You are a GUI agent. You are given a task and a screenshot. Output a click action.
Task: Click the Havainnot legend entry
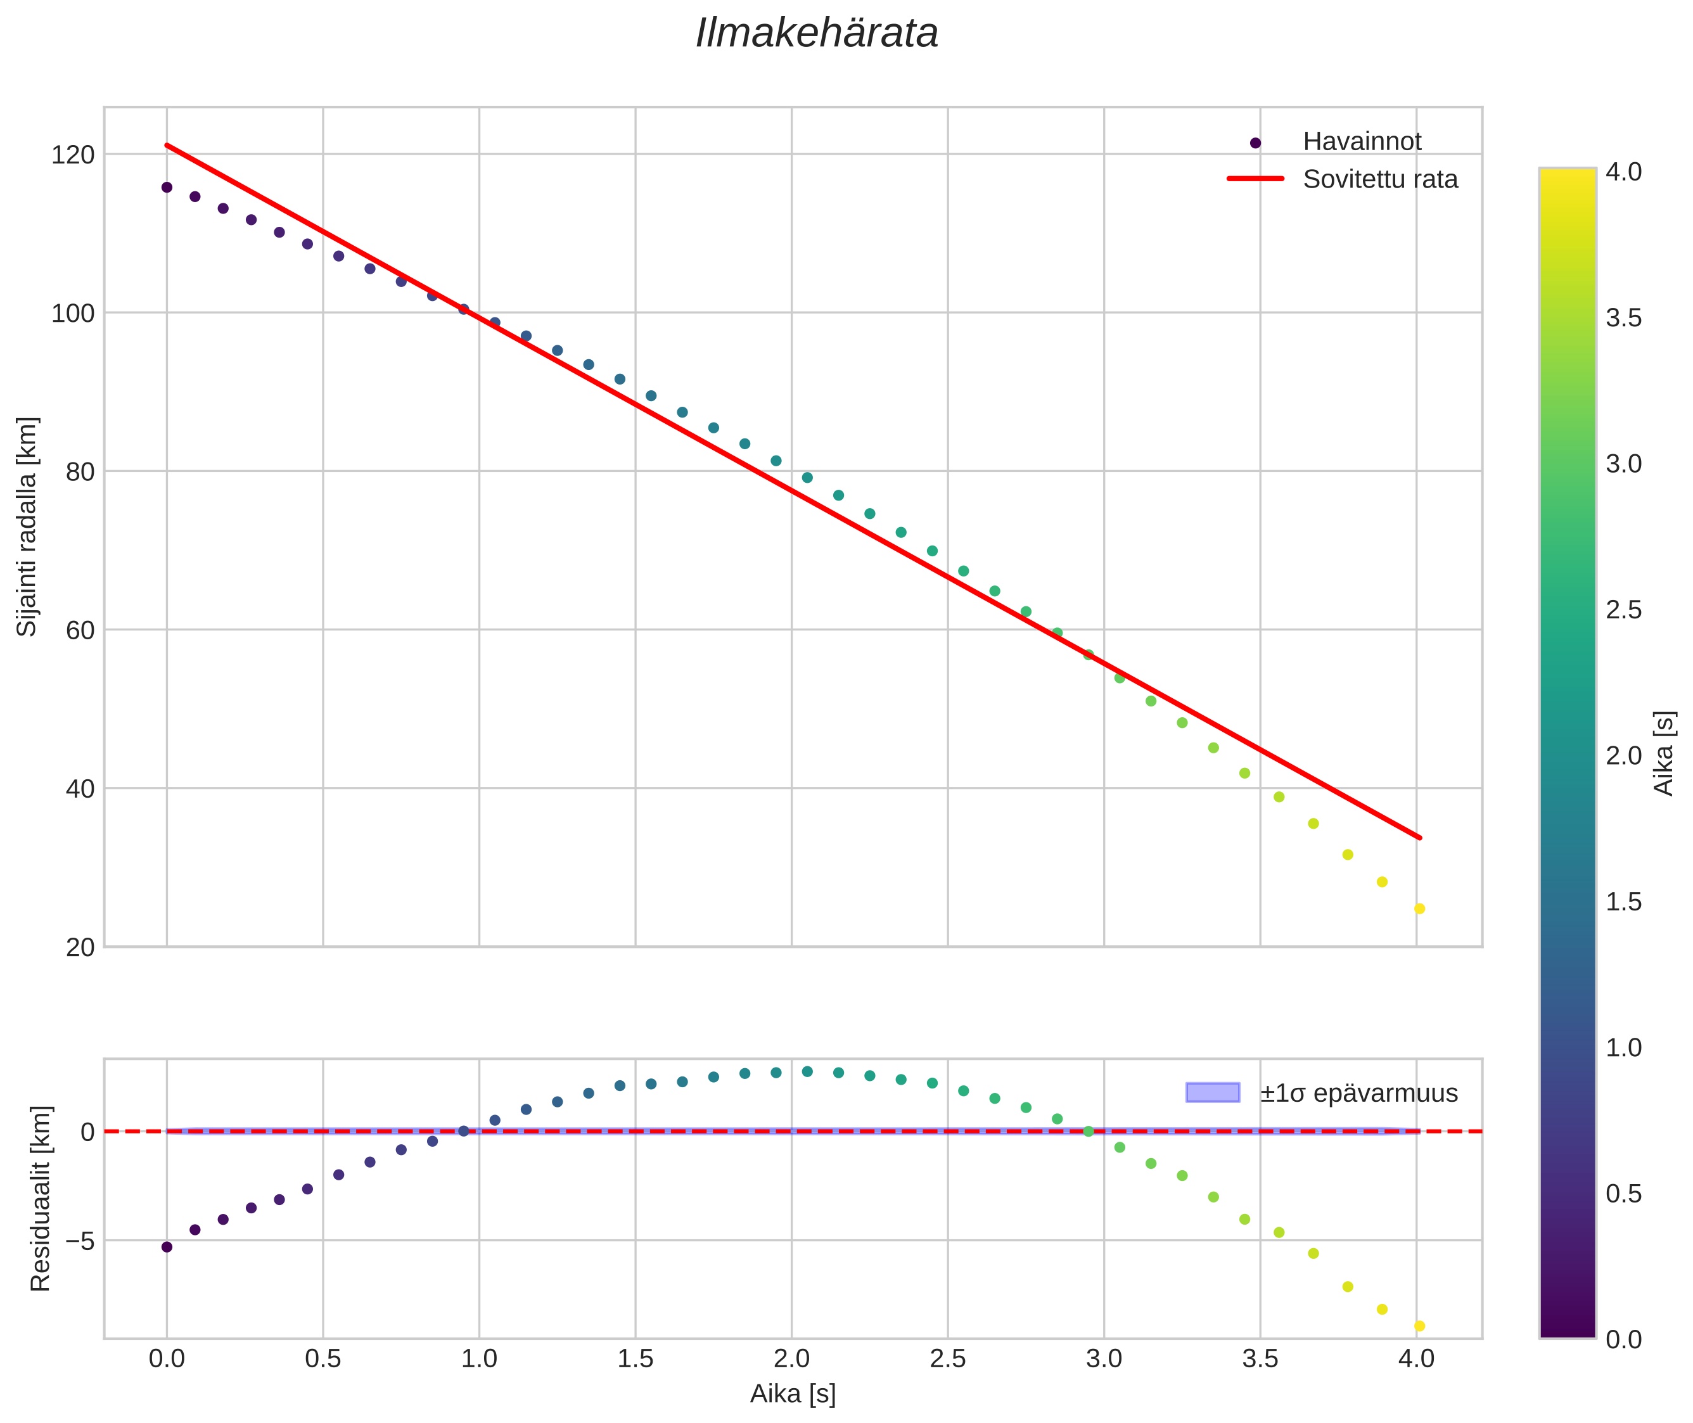(x=1362, y=142)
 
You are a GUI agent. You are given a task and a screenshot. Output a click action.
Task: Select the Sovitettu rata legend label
(x=1380, y=179)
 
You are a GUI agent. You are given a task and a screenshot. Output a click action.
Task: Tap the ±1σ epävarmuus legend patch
(x=1212, y=1093)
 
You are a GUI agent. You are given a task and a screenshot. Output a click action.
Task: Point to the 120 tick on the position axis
(x=73, y=154)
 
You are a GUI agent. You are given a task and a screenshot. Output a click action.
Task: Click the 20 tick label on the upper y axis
(x=80, y=948)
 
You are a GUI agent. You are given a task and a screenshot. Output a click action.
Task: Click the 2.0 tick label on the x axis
(x=791, y=1358)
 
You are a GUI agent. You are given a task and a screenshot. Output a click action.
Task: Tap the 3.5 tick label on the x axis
(x=1260, y=1358)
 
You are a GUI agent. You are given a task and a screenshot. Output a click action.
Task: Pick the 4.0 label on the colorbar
(x=1623, y=172)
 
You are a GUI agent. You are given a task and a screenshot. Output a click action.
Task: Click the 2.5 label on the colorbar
(x=1623, y=610)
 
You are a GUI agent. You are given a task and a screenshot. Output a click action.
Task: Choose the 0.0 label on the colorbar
(x=1623, y=1340)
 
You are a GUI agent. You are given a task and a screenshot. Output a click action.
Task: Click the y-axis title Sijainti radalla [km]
(x=27, y=526)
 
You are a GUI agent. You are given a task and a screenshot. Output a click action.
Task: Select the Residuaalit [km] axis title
(x=41, y=1199)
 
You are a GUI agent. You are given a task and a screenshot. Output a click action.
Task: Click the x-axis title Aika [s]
(x=792, y=1394)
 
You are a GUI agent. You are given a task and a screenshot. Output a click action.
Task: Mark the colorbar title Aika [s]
(x=1664, y=753)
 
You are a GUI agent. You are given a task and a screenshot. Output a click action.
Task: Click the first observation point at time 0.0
(x=167, y=187)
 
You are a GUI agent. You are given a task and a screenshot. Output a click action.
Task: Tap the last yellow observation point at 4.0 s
(x=1419, y=909)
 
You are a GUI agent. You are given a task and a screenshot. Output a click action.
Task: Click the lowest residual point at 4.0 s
(x=1419, y=1326)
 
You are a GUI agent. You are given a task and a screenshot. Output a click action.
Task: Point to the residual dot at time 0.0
(x=167, y=1247)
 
